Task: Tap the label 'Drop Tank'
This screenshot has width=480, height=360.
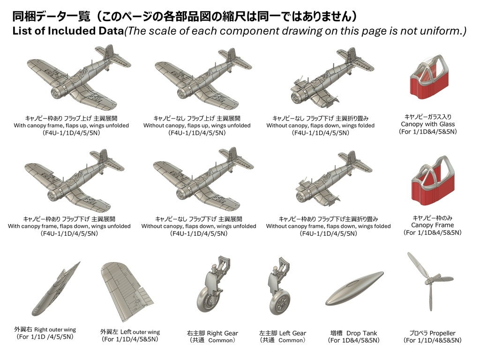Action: tap(363, 333)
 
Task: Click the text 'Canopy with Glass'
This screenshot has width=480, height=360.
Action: tap(427, 124)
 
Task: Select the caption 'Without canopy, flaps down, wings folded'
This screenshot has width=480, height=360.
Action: tap(320, 126)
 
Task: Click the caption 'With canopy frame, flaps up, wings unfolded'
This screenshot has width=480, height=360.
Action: tap(71, 126)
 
